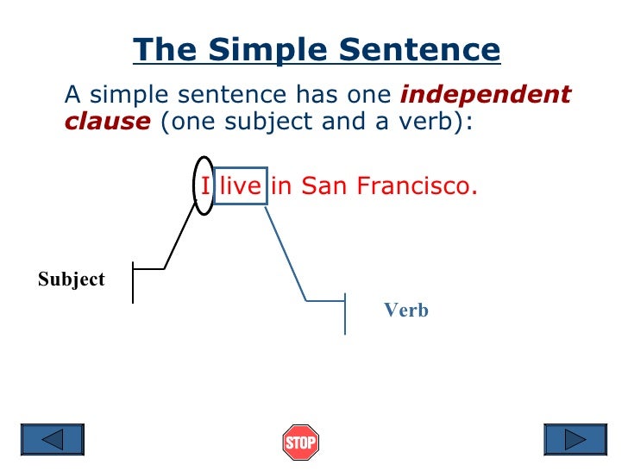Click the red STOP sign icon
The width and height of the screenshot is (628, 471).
pos(300,443)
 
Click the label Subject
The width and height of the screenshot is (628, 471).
pos(71,279)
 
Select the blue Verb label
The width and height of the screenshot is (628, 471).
pos(405,311)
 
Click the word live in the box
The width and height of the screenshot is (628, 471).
pos(240,185)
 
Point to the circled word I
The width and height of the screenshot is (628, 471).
pos(204,185)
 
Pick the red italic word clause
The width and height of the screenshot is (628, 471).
pos(107,122)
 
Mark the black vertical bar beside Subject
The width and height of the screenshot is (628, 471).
pos(133,282)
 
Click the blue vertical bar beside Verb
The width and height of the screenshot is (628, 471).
pos(345,313)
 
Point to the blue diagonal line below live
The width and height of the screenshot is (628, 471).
pos(285,253)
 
